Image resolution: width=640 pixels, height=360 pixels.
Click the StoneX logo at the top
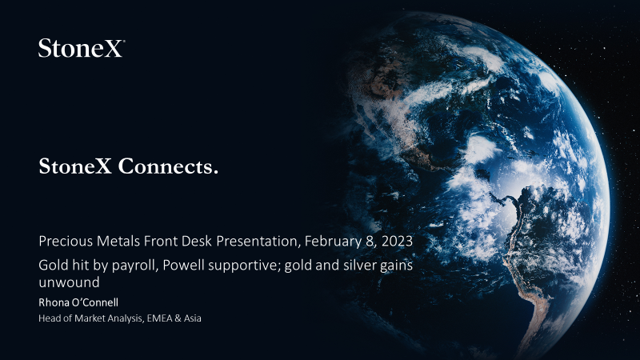click(82, 48)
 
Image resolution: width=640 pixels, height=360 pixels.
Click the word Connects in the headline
click(168, 166)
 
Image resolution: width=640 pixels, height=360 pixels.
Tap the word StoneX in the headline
click(75, 166)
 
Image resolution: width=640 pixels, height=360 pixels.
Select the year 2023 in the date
click(397, 241)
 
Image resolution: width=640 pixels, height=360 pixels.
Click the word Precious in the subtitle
click(66, 241)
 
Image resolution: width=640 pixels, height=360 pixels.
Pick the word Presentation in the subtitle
click(257, 242)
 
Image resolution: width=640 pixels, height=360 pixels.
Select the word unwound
click(69, 282)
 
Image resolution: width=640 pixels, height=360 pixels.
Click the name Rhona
click(53, 302)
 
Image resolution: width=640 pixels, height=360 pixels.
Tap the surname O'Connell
click(94, 302)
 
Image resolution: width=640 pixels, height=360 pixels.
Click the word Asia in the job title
click(192, 318)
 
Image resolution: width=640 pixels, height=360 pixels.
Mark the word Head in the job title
click(46, 318)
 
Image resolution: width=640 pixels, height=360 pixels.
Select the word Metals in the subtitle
click(118, 241)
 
